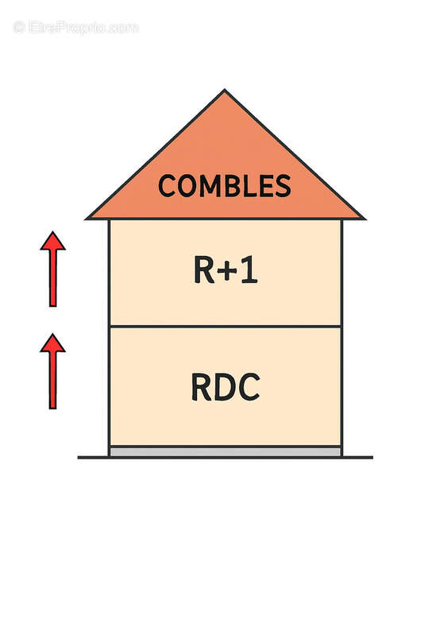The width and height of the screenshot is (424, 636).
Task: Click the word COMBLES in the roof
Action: pyautogui.click(x=225, y=186)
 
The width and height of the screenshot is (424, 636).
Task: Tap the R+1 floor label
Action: pyautogui.click(x=225, y=270)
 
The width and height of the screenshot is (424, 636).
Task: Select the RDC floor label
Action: pyautogui.click(x=225, y=387)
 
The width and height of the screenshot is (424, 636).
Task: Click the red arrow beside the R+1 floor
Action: pyautogui.click(x=52, y=269)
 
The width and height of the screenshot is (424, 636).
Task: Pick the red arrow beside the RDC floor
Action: pyautogui.click(x=52, y=371)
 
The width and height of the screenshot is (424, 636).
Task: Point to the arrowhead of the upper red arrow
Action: pyautogui.click(x=52, y=241)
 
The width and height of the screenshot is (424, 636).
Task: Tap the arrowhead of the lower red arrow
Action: pyautogui.click(x=52, y=343)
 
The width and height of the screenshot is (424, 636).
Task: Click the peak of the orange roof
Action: pyautogui.click(x=225, y=90)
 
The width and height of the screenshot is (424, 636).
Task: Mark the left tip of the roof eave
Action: pyautogui.click(x=86, y=219)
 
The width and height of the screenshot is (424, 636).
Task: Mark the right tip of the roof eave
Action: pyautogui.click(x=365, y=219)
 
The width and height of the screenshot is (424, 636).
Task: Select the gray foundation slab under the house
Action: pyautogui.click(x=225, y=452)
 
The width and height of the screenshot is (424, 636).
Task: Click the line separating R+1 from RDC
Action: pyautogui.click(x=225, y=326)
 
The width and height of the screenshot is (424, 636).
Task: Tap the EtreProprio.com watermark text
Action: pyautogui.click(x=76, y=28)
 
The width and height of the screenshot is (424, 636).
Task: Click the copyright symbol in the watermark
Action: pyautogui.click(x=19, y=28)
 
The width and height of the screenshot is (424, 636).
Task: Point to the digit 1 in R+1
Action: pyautogui.click(x=249, y=270)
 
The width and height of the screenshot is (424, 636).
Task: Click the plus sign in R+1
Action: pyautogui.click(x=228, y=271)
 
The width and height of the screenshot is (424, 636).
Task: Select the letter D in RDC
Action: pyautogui.click(x=225, y=387)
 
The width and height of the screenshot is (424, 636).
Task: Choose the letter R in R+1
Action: pyautogui.click(x=204, y=270)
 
